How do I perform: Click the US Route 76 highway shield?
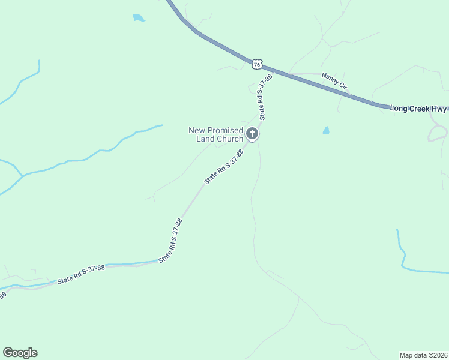[257, 64]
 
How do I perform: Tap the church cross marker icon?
[253, 134]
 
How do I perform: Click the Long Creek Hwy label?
[418, 109]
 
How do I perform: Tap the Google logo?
[20, 353]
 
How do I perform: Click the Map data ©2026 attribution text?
[423, 355]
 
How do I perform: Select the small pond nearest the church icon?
[326, 130]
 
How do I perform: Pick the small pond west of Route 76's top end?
[139, 18]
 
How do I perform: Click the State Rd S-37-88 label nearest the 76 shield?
[265, 97]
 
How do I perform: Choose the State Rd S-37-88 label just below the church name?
[223, 167]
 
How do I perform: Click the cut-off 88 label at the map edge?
[2, 295]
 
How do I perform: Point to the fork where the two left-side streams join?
[23, 176]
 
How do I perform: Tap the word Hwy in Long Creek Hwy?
[439, 109]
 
